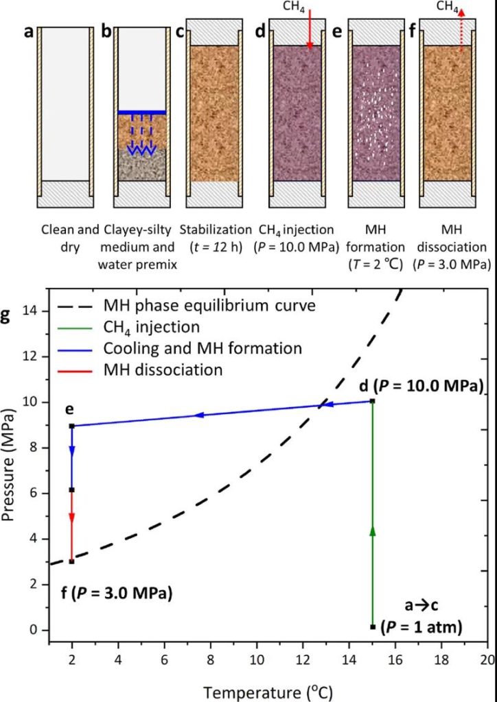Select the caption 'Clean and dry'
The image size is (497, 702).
click(x=65, y=237)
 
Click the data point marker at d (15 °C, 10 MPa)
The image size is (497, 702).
click(x=372, y=401)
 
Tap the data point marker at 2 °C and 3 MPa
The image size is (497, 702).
click(x=71, y=561)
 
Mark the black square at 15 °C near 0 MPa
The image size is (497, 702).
click(x=372, y=626)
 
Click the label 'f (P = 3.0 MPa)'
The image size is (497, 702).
click(x=115, y=592)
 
